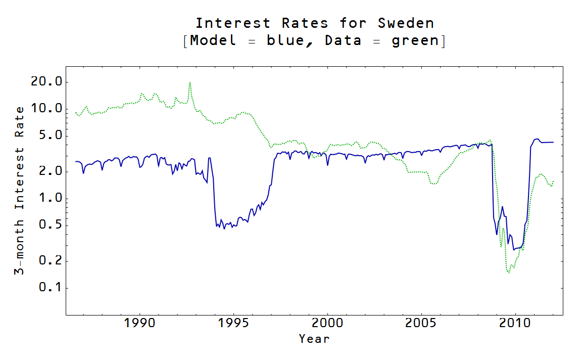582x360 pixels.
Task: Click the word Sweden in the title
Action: click(x=406, y=23)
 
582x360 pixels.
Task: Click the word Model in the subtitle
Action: click(x=213, y=41)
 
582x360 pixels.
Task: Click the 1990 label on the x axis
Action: click(x=139, y=323)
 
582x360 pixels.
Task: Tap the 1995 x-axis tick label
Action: click(x=233, y=323)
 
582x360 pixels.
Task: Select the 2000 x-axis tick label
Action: click(x=327, y=323)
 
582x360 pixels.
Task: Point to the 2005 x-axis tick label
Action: click(x=421, y=323)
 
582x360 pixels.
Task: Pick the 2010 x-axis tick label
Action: click(x=515, y=323)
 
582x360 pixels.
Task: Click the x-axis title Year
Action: click(x=314, y=339)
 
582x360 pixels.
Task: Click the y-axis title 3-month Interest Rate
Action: click(x=19, y=191)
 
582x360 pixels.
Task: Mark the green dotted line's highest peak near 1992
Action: click(x=189, y=82)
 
